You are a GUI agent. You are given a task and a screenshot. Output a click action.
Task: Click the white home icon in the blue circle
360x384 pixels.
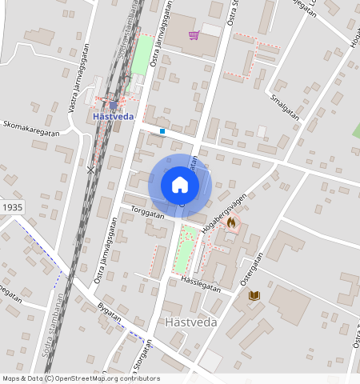pos(180,185)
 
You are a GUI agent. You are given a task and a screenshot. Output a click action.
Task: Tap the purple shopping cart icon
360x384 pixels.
pos(194,35)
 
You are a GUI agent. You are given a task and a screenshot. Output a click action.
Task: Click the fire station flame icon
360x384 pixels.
pos(232,222)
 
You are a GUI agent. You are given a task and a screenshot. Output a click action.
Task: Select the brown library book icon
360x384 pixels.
pos(254,295)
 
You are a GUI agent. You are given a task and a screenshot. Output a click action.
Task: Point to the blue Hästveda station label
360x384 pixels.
pos(114,115)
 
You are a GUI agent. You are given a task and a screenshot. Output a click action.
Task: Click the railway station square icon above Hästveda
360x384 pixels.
pos(114,104)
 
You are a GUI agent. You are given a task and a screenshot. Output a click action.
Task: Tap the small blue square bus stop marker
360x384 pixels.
pos(162,130)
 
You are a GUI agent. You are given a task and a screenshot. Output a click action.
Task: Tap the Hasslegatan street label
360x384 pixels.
pos(199,282)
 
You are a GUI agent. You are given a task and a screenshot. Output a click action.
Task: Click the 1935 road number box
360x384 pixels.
pos(12,206)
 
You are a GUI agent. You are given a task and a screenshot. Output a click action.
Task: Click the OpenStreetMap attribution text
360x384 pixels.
pos(81,378)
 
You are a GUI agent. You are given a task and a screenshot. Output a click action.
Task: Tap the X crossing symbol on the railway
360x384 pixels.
pos(91,170)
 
